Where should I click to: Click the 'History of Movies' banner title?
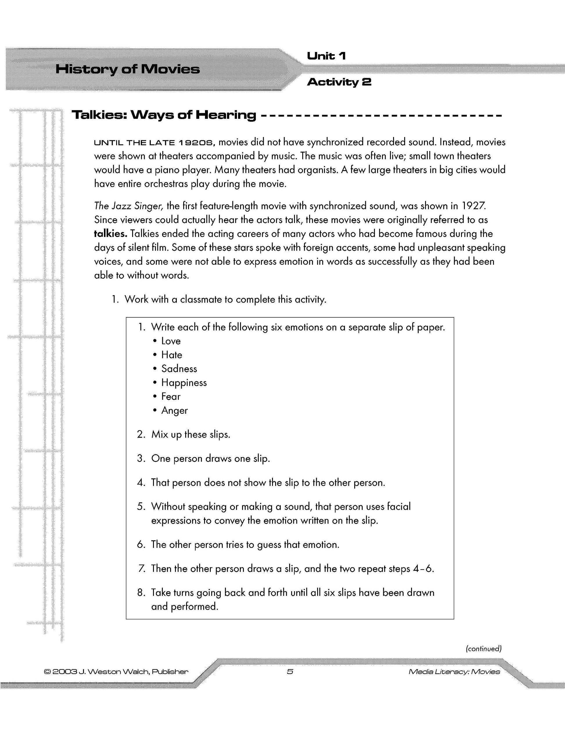127,69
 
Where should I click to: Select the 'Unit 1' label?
326,56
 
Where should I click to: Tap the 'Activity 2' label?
339,82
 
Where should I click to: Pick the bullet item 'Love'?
171,341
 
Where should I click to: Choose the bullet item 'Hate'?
172,355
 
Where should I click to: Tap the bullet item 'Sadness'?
179,369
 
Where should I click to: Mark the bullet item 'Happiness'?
184,382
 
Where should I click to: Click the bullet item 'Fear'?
171,397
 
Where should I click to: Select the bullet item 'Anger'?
174,410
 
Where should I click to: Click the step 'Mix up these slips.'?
191,434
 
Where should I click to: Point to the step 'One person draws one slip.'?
210,458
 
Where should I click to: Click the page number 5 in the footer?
290,671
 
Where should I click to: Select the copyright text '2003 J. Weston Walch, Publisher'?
116,672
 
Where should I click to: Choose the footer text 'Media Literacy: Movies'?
454,672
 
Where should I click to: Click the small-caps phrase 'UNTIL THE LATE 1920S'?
154,143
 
